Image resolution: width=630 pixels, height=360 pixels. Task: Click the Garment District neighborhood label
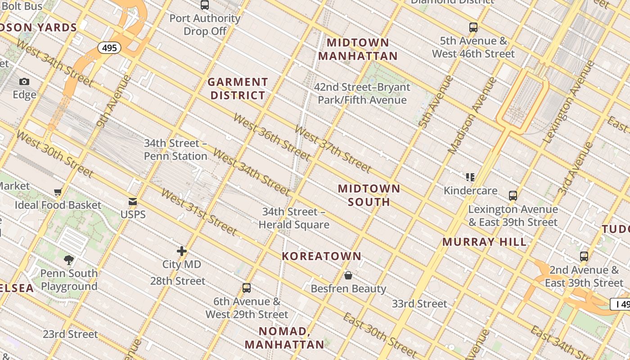tap(238, 89)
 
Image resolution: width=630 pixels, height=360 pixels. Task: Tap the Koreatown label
tap(321, 256)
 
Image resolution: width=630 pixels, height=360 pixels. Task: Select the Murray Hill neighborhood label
tap(484, 242)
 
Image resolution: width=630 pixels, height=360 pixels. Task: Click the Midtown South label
tap(369, 195)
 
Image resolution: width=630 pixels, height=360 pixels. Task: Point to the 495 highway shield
tap(110, 48)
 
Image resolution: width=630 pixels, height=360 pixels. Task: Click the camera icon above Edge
tap(24, 81)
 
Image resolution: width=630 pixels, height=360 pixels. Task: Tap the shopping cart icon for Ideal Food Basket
tap(58, 192)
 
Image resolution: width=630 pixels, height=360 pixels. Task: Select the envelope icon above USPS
tap(133, 201)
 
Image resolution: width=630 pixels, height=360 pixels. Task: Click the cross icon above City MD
tap(181, 251)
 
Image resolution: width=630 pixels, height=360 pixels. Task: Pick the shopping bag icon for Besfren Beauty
tap(348, 275)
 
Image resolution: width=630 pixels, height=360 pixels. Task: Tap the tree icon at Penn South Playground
tap(69, 260)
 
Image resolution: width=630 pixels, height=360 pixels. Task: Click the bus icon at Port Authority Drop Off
tap(205, 5)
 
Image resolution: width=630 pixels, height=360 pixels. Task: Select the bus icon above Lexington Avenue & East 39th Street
tap(513, 196)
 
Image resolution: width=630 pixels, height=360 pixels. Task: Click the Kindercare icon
tap(470, 177)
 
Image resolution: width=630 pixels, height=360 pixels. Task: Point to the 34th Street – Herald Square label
tap(294, 218)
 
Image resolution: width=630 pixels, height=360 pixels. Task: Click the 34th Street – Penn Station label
tap(175, 149)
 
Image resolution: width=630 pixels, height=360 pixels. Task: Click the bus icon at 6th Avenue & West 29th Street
tap(247, 288)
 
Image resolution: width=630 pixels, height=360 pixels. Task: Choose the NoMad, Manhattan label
tap(284, 338)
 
